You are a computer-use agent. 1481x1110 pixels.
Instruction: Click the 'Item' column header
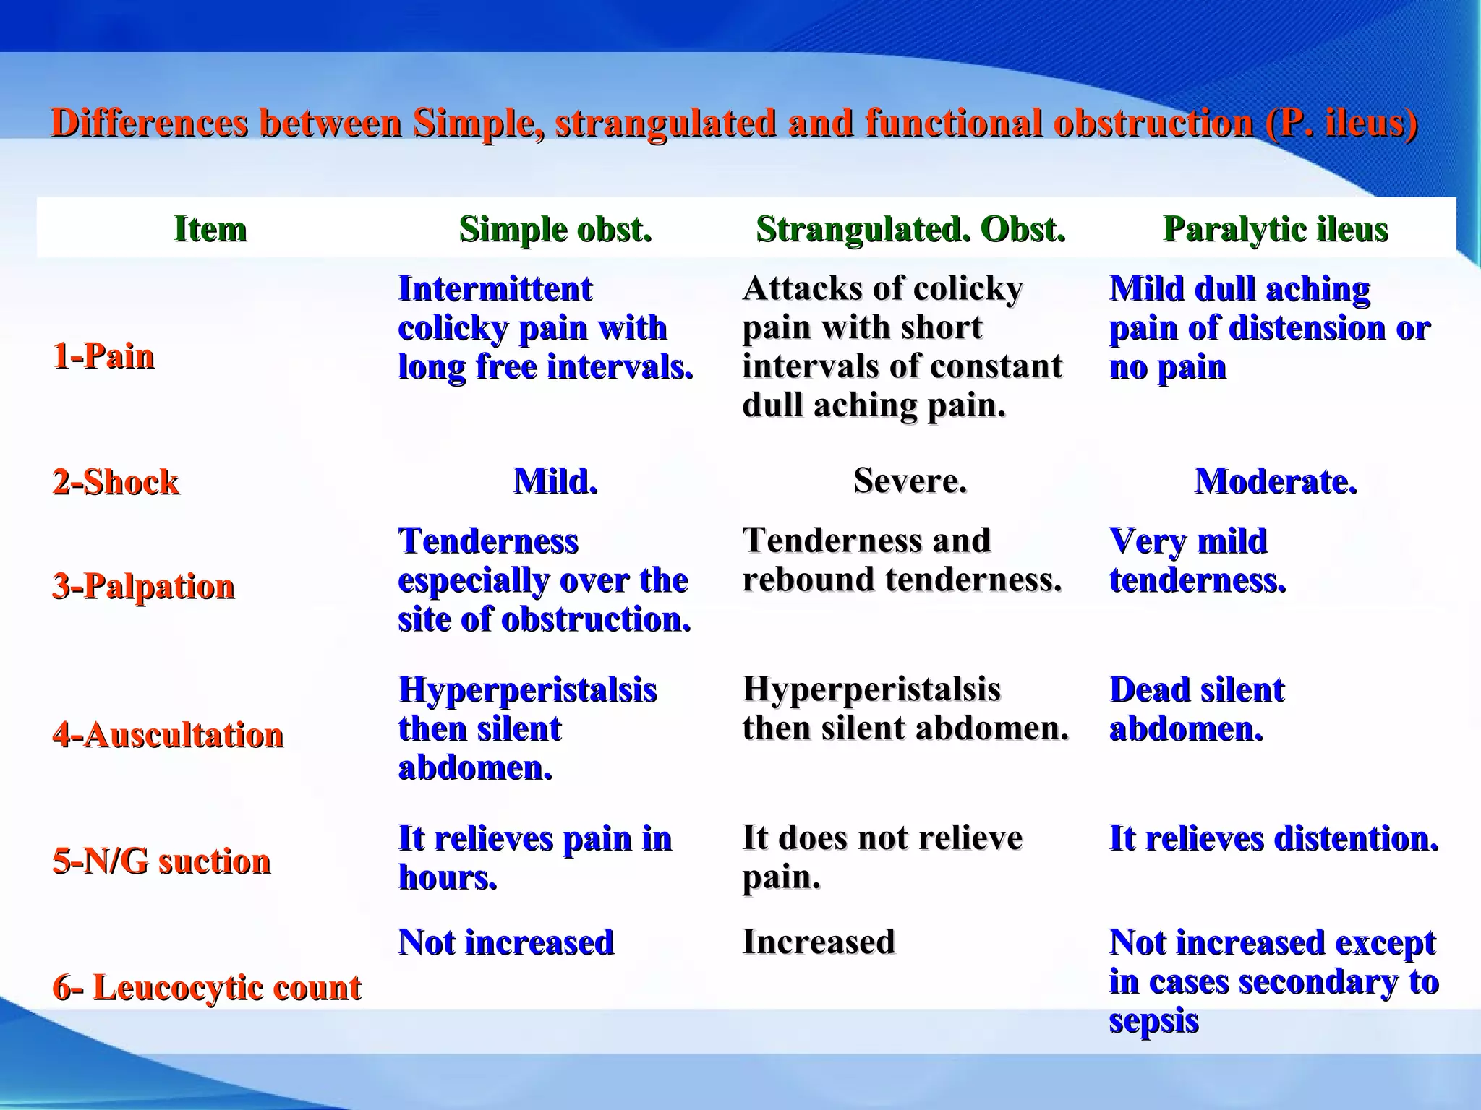pos(210,230)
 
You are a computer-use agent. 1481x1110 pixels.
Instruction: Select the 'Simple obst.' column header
pos(555,230)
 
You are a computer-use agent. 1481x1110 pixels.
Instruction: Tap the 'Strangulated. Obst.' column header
pos(910,230)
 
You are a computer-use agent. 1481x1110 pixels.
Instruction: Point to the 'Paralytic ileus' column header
pos(1275,230)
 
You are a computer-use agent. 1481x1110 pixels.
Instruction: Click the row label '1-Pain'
pos(103,356)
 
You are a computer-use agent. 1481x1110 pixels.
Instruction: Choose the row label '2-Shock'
pos(116,482)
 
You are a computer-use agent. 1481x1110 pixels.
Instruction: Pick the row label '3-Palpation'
pos(143,586)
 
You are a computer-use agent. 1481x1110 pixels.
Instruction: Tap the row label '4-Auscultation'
pos(168,735)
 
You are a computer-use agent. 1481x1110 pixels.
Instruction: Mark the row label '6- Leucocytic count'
pos(206,987)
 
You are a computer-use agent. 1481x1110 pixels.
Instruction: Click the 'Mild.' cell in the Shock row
pos(555,481)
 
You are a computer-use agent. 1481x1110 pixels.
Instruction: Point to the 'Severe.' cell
pos(910,481)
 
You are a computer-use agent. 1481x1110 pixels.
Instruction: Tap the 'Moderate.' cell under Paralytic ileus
pos(1275,481)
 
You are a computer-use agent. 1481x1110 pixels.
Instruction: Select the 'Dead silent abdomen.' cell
pos(1197,709)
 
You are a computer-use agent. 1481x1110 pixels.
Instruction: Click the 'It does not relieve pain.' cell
pos(882,857)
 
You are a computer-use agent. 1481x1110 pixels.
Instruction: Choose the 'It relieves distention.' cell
pos(1273,838)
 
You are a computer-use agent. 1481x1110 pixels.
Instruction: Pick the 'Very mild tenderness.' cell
pos(1197,560)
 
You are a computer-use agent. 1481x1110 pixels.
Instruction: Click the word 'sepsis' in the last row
pos(1153,1020)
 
